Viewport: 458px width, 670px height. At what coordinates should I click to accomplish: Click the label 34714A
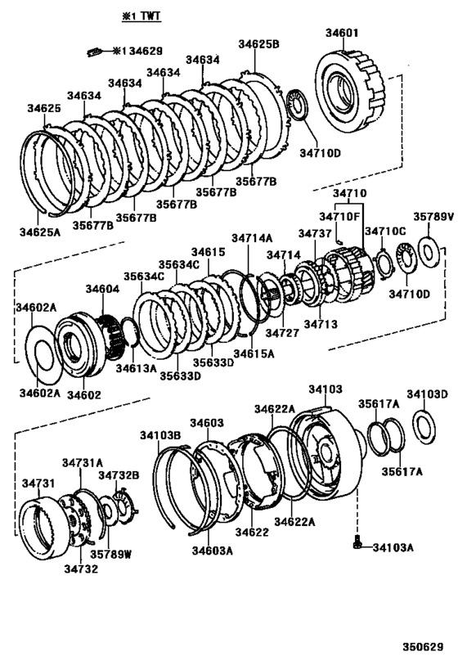251,238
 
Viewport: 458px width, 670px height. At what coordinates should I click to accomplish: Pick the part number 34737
315,233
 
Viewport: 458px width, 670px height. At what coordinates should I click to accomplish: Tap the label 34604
102,289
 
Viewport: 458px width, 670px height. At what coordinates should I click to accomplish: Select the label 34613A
135,368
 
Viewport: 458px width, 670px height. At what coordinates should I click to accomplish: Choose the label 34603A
212,551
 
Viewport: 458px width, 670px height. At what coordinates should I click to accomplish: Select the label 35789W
110,553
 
